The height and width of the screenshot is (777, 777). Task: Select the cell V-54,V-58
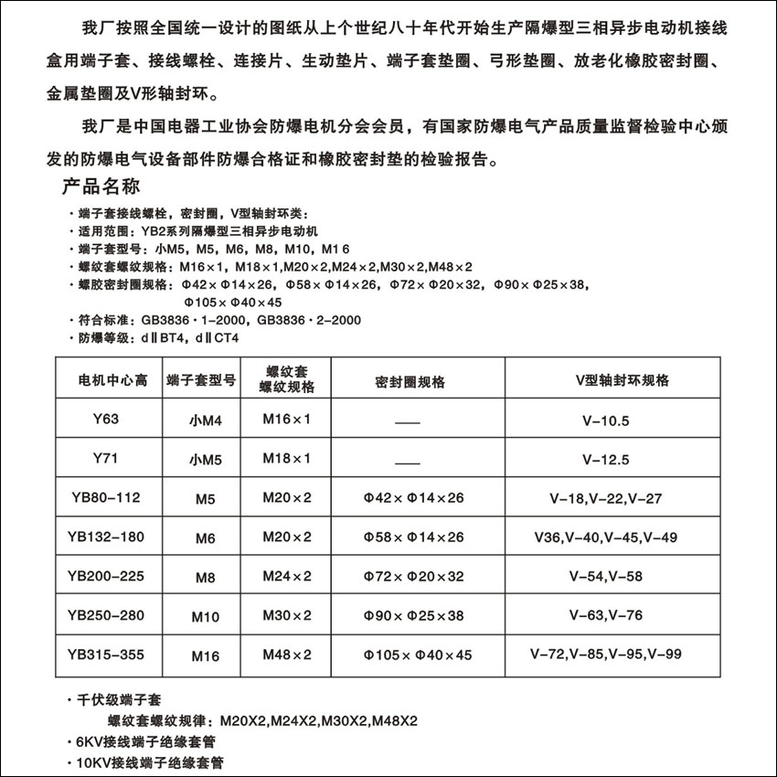click(605, 576)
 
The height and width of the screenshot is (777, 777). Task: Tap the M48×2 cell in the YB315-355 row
click(286, 655)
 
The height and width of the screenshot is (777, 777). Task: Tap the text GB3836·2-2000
click(309, 320)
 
